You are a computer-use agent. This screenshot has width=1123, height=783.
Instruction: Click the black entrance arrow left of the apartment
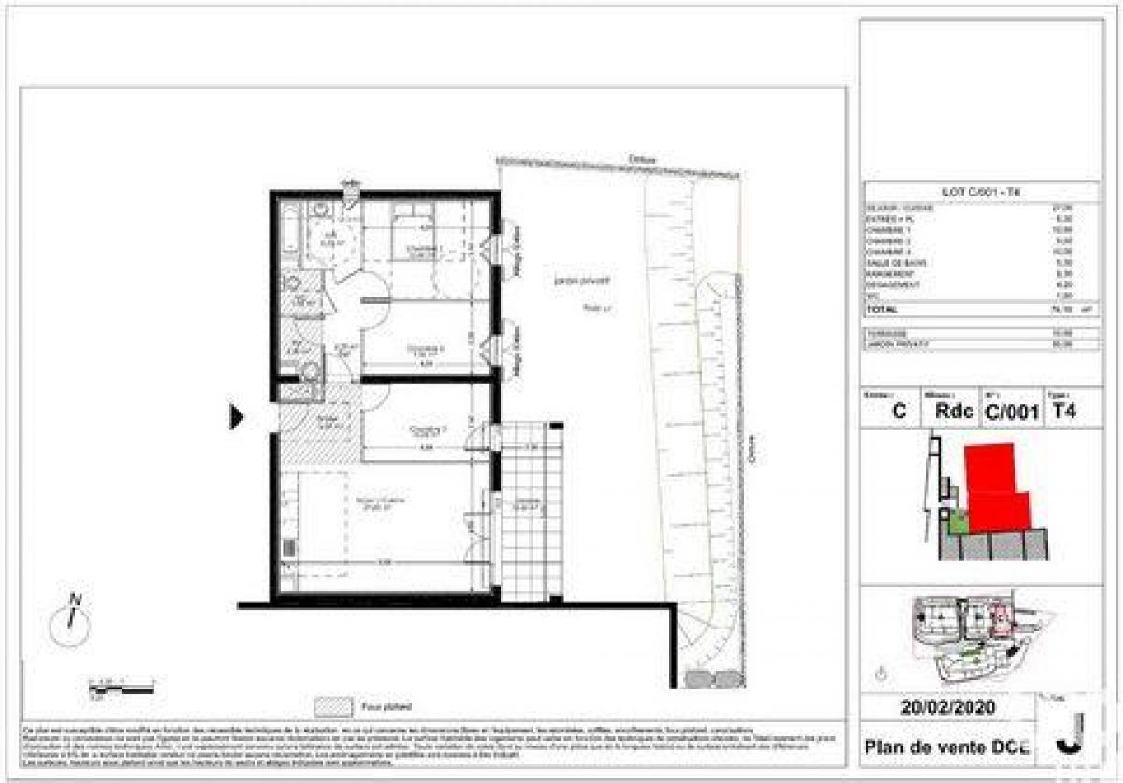[x=236, y=416]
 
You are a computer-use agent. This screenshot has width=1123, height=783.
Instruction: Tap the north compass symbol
[x=69, y=621]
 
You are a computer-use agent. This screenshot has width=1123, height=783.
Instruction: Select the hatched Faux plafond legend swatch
[x=334, y=706]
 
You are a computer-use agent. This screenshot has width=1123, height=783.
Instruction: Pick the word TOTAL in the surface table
[x=882, y=309]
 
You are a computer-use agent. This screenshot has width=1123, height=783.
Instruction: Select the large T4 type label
[x=1063, y=411]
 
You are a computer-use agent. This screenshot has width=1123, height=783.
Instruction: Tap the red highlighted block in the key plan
[x=996, y=486]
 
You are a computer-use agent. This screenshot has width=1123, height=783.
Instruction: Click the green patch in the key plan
[x=956, y=520]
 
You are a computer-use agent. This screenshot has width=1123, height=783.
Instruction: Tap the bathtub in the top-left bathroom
[x=291, y=239]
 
